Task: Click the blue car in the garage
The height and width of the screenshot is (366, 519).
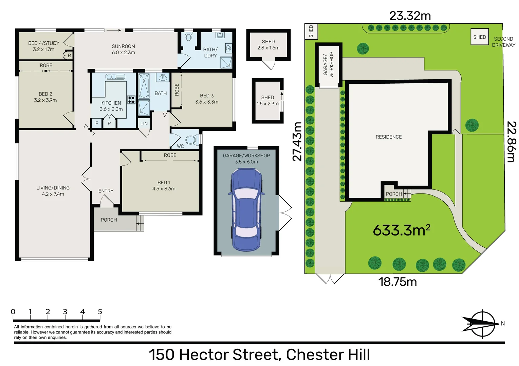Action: tap(246, 210)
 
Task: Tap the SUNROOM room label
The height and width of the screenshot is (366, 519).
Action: tap(124, 46)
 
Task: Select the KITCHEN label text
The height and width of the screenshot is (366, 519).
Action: tap(111, 103)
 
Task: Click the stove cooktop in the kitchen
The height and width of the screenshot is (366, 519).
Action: tap(131, 100)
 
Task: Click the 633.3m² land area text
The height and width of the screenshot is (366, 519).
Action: tap(401, 230)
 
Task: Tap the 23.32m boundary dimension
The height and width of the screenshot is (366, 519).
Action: tap(410, 16)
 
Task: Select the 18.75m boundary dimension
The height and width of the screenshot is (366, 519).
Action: tap(397, 282)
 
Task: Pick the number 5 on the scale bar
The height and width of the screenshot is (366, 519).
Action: tap(100, 311)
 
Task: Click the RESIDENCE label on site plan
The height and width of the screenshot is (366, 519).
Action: tap(389, 137)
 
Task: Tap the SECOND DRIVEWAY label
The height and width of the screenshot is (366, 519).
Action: tap(503, 42)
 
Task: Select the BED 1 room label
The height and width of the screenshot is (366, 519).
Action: tap(164, 182)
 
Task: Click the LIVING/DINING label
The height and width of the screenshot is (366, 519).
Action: tap(53, 188)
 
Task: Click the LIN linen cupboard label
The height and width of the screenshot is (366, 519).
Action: tap(144, 124)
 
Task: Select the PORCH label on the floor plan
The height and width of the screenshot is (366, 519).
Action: tap(109, 220)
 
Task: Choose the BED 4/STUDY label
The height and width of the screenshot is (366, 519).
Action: tap(44, 43)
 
